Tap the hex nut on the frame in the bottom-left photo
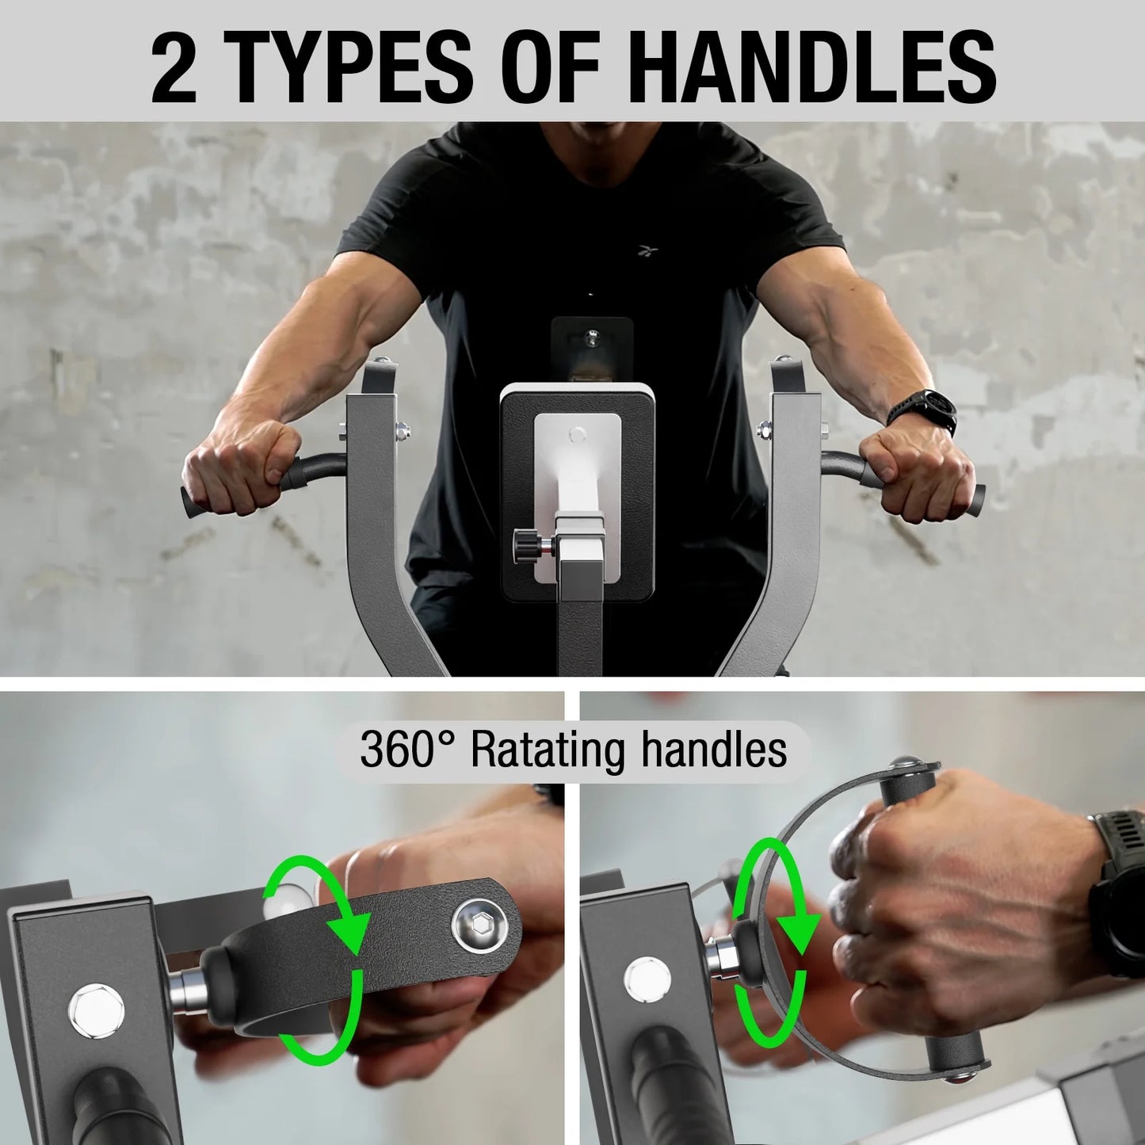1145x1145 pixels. [x=96, y=1011]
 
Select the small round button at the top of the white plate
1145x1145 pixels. [x=578, y=433]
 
